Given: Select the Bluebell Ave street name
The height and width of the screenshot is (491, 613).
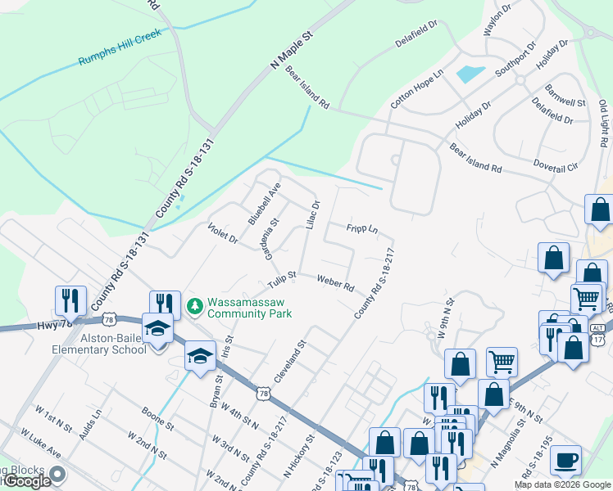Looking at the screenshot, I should [x=265, y=204].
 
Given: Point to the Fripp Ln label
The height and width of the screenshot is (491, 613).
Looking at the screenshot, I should [x=361, y=229].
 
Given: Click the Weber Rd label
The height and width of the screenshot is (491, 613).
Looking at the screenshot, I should [x=335, y=282].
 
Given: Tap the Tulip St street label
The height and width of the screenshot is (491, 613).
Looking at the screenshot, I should [x=281, y=280].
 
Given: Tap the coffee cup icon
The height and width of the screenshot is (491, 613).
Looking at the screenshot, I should [x=565, y=461].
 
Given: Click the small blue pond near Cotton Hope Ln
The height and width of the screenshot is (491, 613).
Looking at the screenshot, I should [x=470, y=74].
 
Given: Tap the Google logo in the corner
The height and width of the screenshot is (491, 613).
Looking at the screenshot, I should [x=26, y=480].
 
